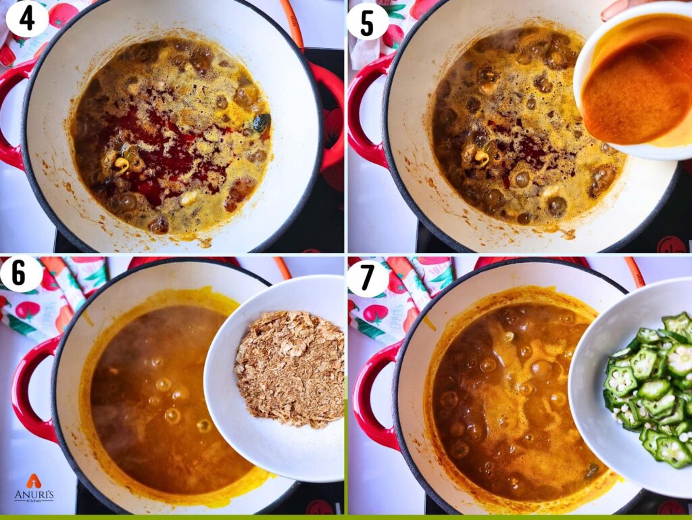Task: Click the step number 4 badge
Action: click(27, 18)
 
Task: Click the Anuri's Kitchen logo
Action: click(34, 488)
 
